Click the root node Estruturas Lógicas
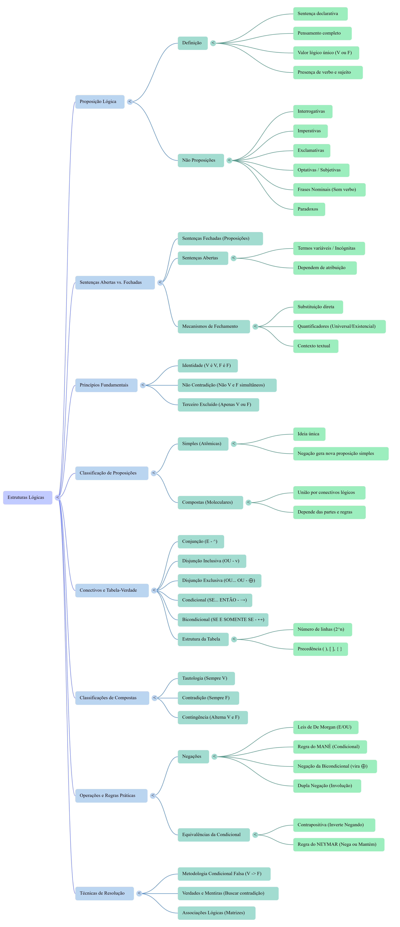coord(28,497)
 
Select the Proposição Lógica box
coord(100,101)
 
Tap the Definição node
coord(193,43)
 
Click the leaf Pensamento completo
coord(322,33)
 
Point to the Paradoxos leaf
coord(309,209)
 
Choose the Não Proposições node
coord(201,160)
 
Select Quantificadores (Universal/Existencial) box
coord(339,326)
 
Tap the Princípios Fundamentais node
coord(106,385)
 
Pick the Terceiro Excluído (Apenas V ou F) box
coord(218,405)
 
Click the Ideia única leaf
coord(309,434)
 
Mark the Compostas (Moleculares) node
coord(210,502)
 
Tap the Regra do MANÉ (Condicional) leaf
coord(330,747)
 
